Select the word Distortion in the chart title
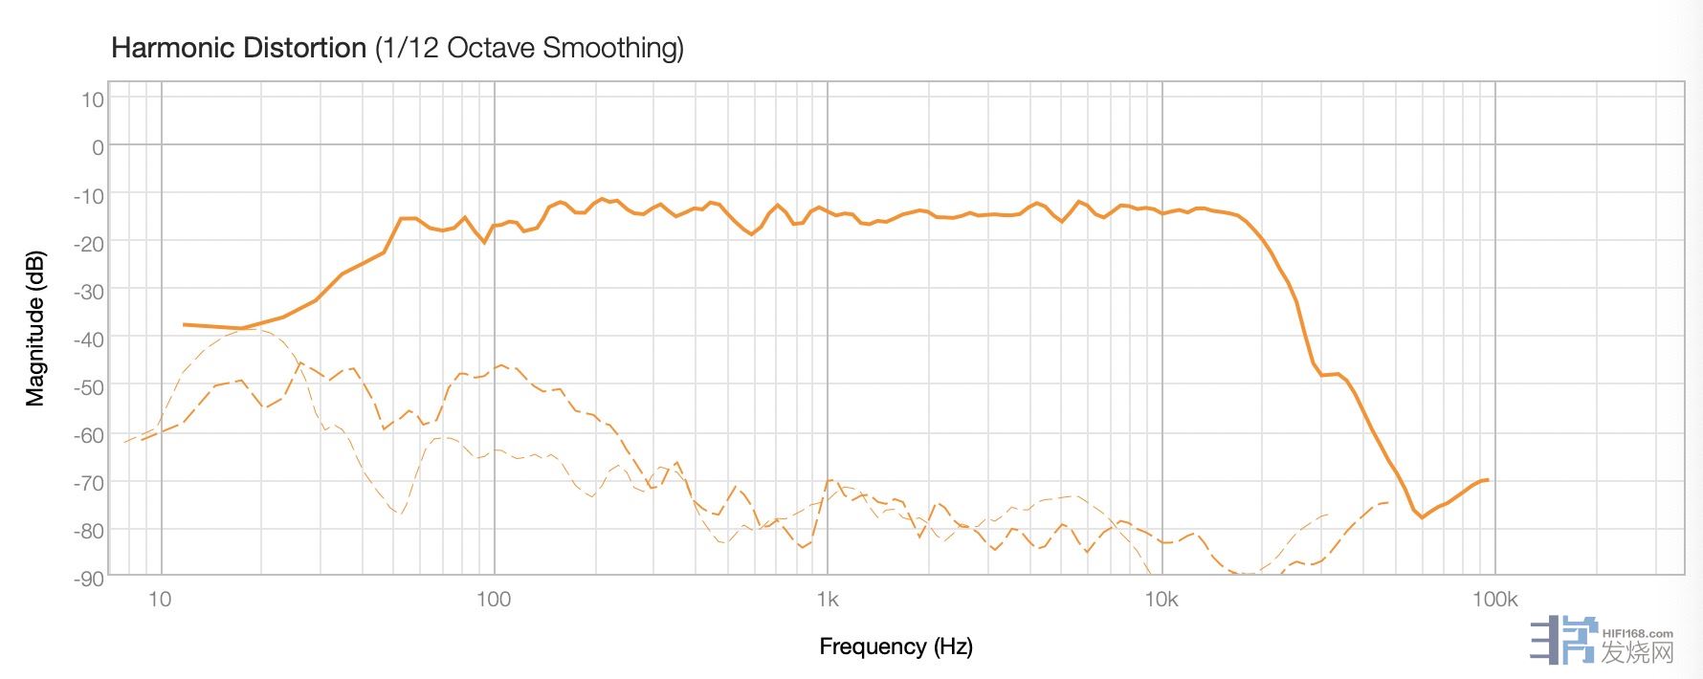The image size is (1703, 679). (x=308, y=48)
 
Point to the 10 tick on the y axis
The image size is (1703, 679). (x=92, y=99)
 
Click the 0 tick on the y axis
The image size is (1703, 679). (x=98, y=147)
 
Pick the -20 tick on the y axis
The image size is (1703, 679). (x=88, y=243)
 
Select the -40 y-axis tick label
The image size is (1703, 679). (x=88, y=339)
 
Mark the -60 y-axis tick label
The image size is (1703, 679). (x=88, y=435)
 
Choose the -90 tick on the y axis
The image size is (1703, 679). (x=88, y=578)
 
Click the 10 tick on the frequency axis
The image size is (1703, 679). (x=160, y=600)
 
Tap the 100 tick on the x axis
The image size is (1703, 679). (x=493, y=600)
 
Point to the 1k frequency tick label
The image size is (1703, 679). (x=828, y=600)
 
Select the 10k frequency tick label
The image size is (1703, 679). (x=1161, y=600)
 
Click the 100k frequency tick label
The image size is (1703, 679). (x=1494, y=600)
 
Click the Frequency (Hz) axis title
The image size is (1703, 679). (x=896, y=646)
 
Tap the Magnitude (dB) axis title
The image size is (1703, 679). (x=35, y=329)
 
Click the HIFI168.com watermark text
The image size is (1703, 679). (x=1637, y=633)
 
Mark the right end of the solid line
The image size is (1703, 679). (x=1488, y=480)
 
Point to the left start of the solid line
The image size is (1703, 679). (x=184, y=324)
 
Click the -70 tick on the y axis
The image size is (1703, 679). (x=88, y=483)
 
